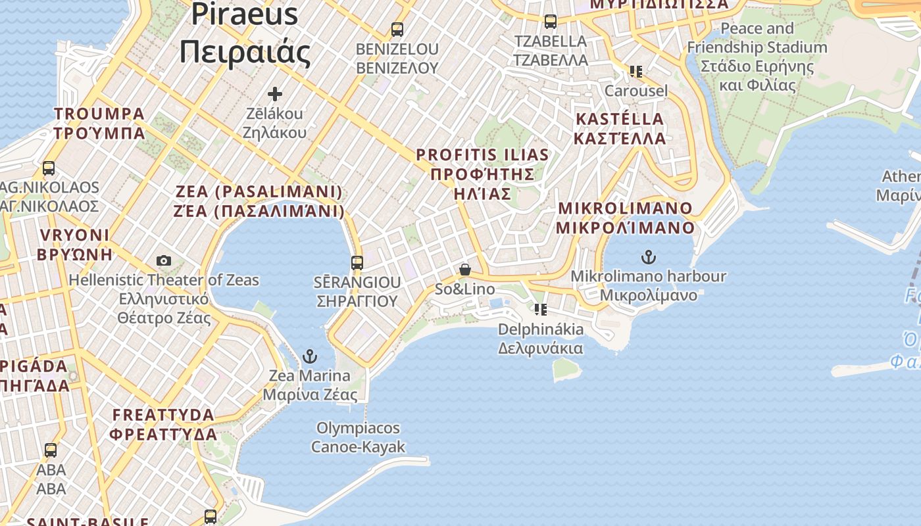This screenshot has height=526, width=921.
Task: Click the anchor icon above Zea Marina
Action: coord(309,357)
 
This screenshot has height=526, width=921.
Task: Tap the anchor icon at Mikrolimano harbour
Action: coord(649,257)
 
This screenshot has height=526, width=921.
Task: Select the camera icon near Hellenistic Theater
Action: coord(164,261)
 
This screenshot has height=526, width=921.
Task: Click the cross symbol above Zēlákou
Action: coord(275,94)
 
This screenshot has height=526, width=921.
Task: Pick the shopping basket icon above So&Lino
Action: coord(465,270)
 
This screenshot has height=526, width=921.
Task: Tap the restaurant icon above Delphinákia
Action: coord(541,309)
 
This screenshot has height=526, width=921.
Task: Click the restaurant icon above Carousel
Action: coord(635,71)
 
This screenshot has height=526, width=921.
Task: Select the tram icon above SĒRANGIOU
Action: coord(357,263)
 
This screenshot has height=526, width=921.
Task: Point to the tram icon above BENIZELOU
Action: coord(397,30)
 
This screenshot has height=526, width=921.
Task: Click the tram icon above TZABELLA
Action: coord(551,22)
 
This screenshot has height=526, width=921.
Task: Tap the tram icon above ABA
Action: coord(51,450)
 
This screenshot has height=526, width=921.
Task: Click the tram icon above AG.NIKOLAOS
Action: coord(49,168)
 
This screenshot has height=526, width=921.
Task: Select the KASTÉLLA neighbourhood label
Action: coord(620,129)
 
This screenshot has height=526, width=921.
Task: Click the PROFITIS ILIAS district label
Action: coord(482,174)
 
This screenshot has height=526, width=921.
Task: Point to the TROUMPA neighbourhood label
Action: coord(99,124)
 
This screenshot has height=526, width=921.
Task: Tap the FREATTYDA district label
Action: coord(164,425)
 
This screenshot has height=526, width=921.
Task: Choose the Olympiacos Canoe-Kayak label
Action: coord(358,438)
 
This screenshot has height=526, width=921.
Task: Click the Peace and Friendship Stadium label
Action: coord(757,57)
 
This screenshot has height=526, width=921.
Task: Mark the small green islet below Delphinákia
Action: coord(566,370)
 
